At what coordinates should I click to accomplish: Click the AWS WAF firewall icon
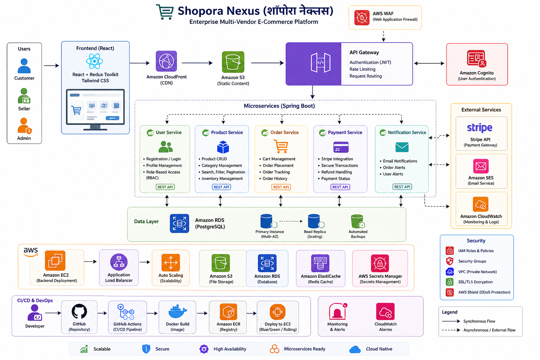click(x=362, y=18)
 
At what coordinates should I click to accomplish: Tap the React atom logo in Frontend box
click(x=95, y=61)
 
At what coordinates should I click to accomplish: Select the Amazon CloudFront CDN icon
click(x=166, y=61)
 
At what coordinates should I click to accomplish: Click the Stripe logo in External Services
click(x=480, y=128)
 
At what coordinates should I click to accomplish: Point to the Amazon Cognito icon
click(x=477, y=58)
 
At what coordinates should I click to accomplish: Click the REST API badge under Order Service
click(x=281, y=187)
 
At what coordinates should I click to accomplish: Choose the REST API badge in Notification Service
click(x=402, y=187)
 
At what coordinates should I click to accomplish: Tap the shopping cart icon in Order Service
click(x=281, y=146)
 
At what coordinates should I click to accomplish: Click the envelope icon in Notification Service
click(x=402, y=147)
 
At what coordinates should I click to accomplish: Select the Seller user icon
click(x=24, y=96)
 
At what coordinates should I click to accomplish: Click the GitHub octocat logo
click(x=79, y=311)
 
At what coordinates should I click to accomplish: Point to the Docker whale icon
click(x=178, y=311)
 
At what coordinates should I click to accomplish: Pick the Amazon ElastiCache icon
click(x=320, y=263)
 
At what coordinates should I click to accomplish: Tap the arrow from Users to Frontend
click(x=51, y=65)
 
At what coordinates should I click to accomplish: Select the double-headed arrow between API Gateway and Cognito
click(x=429, y=63)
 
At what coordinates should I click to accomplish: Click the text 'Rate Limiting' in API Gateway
click(x=362, y=69)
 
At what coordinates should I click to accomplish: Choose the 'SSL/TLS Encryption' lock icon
click(x=449, y=282)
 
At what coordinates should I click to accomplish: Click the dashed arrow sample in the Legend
click(x=451, y=330)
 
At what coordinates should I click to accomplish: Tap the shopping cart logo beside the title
click(x=165, y=12)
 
